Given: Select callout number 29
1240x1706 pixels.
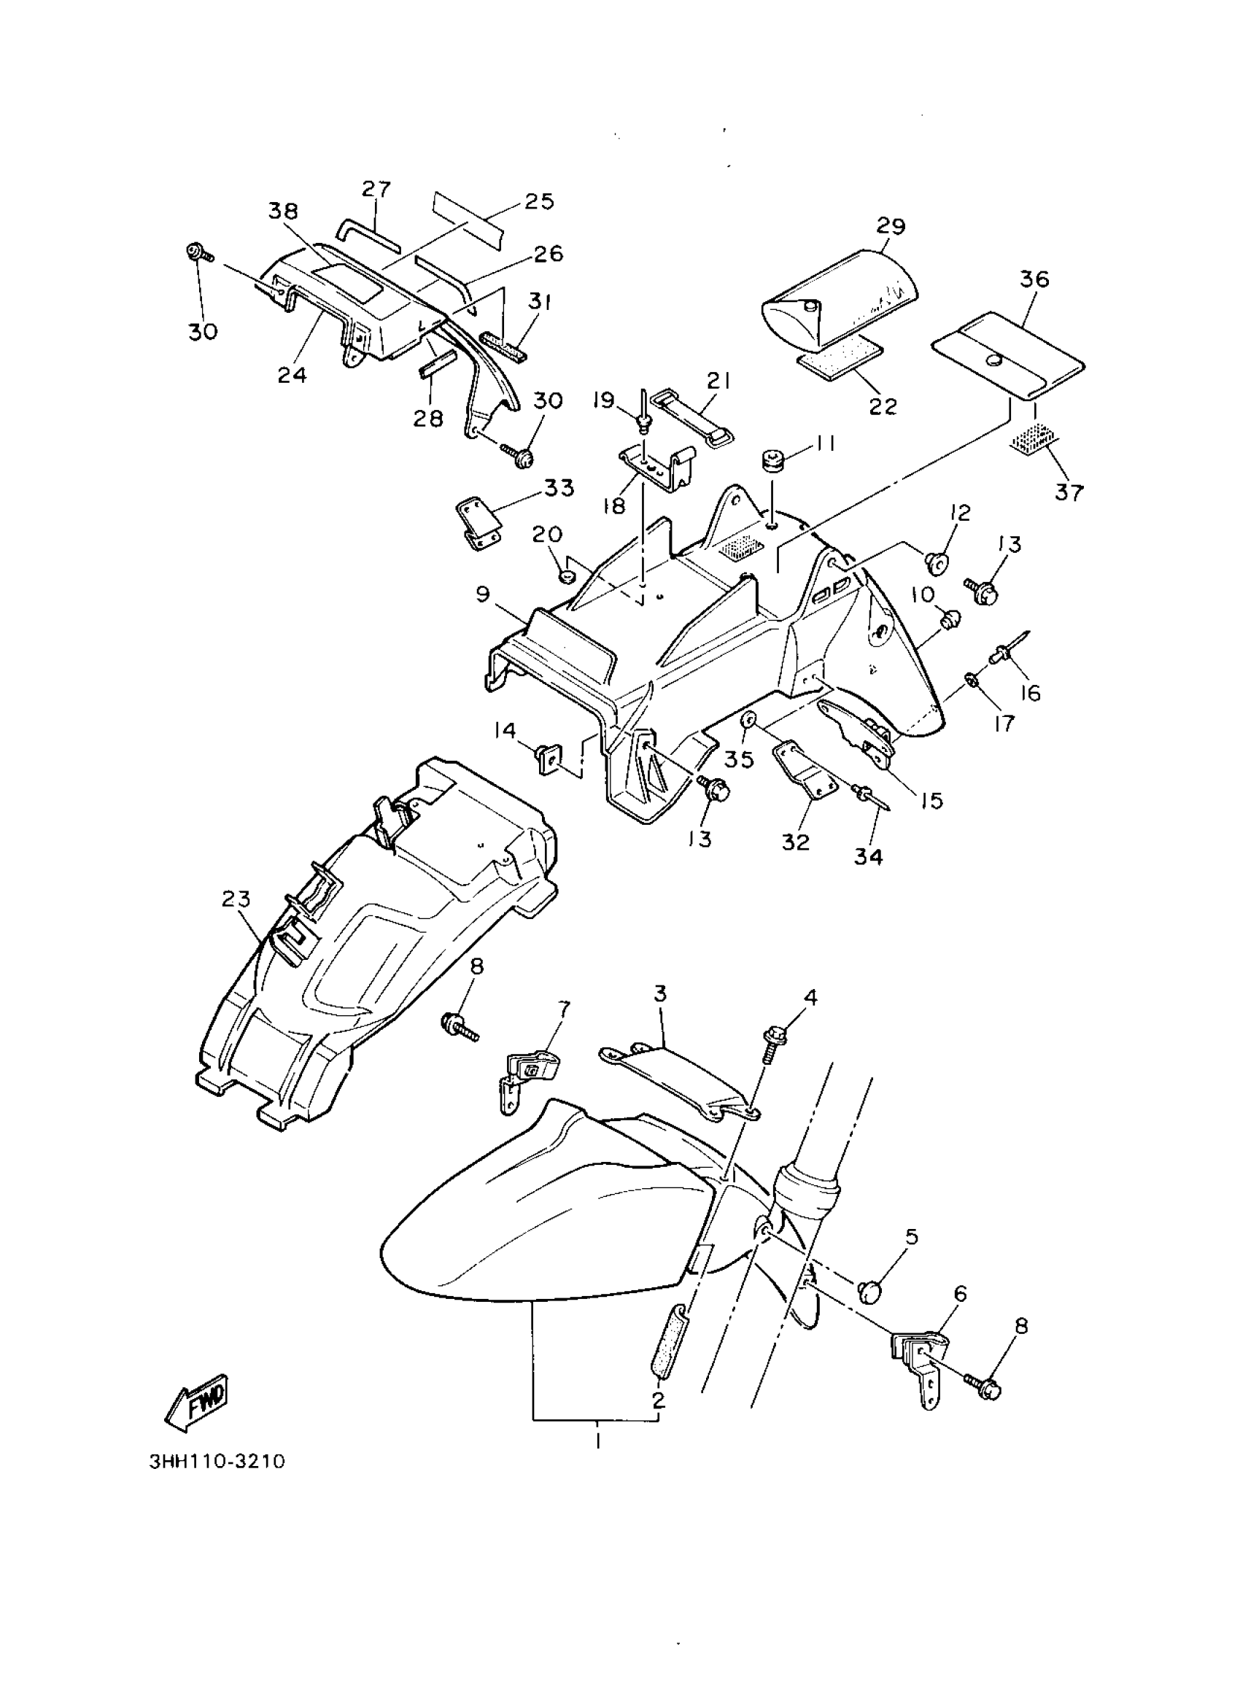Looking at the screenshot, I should [x=890, y=225].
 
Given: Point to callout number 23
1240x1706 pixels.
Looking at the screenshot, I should [x=236, y=898].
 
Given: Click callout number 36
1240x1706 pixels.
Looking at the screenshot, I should [x=1034, y=279].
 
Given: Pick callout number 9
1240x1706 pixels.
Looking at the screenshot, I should [x=482, y=594].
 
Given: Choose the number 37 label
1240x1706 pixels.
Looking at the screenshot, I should [x=1069, y=493].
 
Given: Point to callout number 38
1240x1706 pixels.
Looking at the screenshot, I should [x=283, y=212].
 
